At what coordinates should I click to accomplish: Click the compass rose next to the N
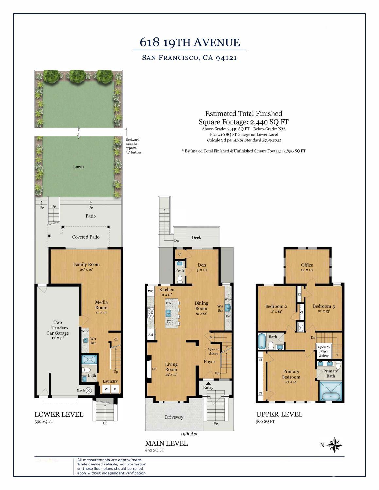[x=334, y=445]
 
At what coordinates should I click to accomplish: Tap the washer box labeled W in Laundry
[x=106, y=389]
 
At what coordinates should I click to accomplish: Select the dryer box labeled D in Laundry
[x=115, y=389]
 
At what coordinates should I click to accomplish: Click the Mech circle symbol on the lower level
[x=88, y=390]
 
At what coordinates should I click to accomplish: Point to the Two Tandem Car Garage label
[x=58, y=328]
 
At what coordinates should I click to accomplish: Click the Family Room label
[x=86, y=264]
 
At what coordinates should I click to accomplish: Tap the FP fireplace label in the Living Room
[x=154, y=369]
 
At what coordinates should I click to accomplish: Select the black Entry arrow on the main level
[x=208, y=383]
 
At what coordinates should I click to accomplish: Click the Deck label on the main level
[x=196, y=237]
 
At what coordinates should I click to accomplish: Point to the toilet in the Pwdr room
[x=180, y=279]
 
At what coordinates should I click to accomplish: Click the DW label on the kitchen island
[x=169, y=303]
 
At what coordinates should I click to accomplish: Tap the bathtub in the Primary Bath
[x=330, y=396]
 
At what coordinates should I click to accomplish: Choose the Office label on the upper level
[x=307, y=265]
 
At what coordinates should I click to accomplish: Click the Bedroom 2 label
[x=276, y=306]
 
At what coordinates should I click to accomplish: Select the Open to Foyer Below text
[x=323, y=351]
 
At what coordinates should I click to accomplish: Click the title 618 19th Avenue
[x=190, y=42]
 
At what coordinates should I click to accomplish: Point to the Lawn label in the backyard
[x=78, y=167]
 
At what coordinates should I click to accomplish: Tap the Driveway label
[x=174, y=417]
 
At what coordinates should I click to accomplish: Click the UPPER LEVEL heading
[x=279, y=414]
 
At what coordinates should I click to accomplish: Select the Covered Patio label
[x=86, y=237]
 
